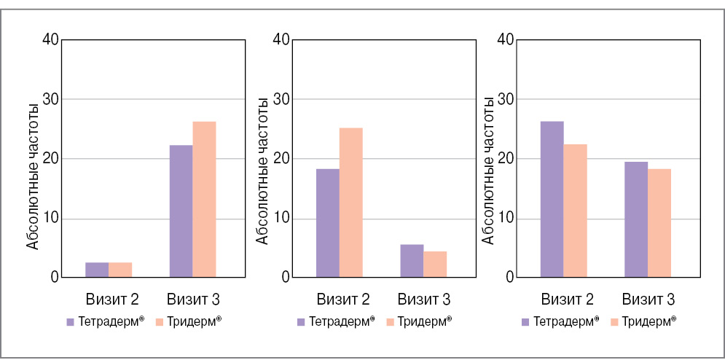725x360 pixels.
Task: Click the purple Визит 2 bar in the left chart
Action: (97, 270)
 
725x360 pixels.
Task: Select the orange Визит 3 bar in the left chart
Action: (204, 199)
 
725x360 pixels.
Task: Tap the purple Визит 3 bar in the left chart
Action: (181, 211)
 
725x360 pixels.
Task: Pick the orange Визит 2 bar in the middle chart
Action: (350, 203)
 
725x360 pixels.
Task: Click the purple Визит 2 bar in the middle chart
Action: (327, 223)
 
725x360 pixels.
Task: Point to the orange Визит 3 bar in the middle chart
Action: (435, 264)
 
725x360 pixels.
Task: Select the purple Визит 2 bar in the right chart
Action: (552, 199)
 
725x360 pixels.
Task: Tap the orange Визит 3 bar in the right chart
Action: (659, 223)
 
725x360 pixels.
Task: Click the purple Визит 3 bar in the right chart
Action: (636, 219)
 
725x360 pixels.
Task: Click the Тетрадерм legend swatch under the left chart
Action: (71, 321)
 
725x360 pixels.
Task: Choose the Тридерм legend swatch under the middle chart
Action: (390, 321)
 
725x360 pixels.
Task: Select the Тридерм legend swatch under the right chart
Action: (614, 321)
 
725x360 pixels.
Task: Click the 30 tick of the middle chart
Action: (281, 99)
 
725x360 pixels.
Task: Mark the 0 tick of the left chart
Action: (55, 277)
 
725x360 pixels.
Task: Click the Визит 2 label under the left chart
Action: (109, 300)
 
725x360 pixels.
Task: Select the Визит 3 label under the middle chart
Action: (424, 300)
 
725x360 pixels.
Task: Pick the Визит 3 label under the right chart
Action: (648, 300)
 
